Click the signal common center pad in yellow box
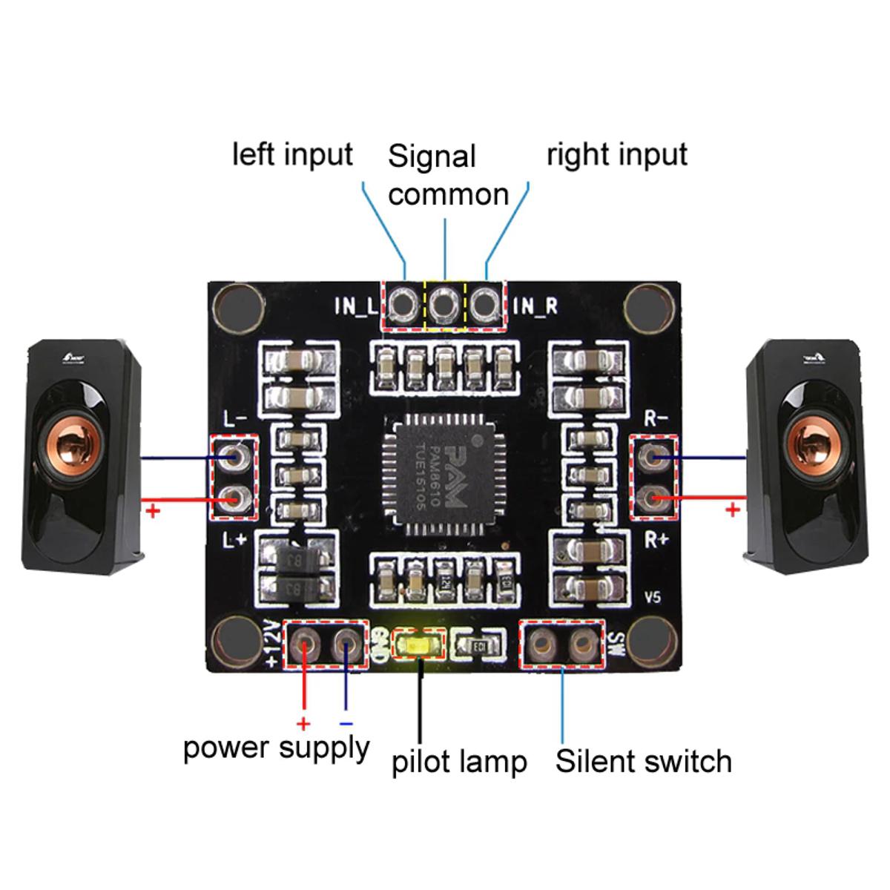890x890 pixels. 444,303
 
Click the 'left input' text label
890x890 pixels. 292,154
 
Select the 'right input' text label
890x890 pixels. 616,154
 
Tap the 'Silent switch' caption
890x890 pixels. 643,762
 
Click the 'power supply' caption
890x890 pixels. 276,748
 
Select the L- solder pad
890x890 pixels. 236,456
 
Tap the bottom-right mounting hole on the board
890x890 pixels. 652,642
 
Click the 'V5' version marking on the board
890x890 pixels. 653,598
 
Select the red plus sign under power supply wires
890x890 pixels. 303,724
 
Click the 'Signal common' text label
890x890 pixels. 448,175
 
